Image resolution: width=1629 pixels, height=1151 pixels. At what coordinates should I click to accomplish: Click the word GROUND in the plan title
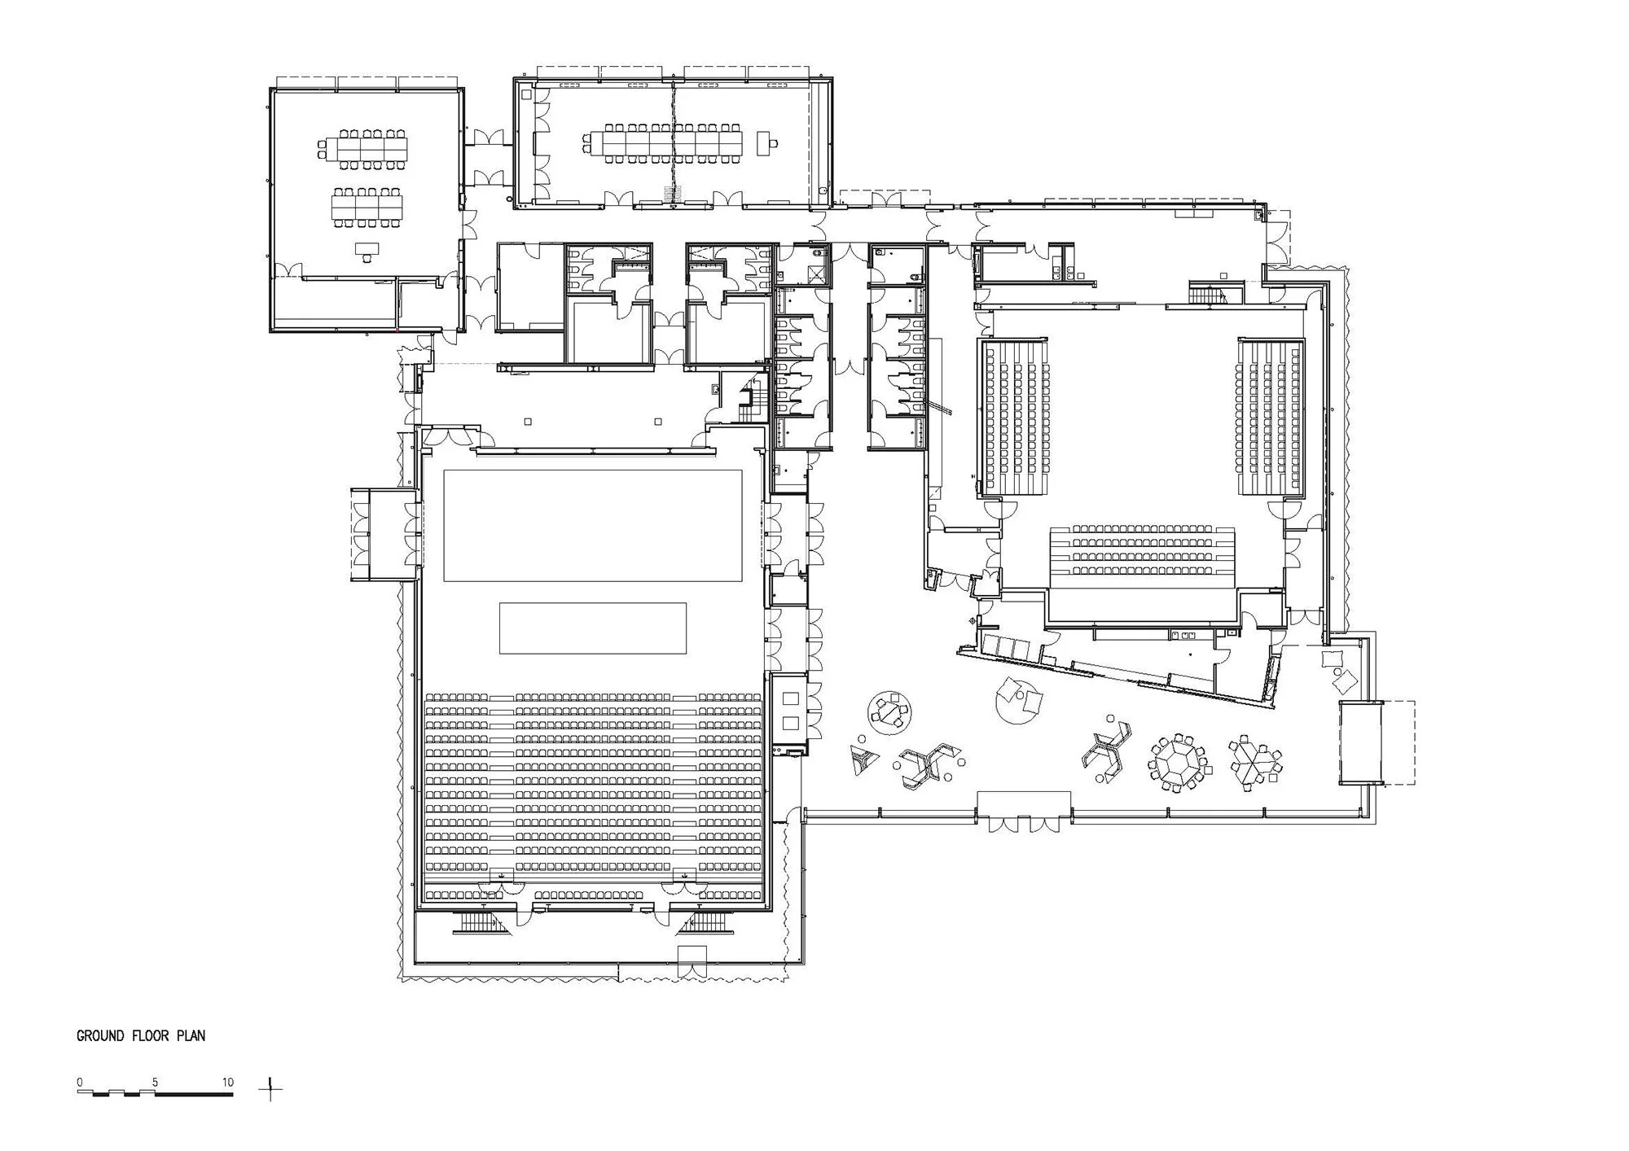tap(100, 1036)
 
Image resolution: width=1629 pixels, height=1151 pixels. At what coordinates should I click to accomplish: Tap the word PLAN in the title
tap(192, 1036)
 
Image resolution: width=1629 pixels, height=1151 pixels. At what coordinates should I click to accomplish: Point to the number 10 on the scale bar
tap(227, 1083)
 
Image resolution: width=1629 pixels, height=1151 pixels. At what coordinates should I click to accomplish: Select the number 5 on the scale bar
tap(155, 1083)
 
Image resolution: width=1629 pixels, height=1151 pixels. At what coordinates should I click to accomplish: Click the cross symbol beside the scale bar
tap(272, 1088)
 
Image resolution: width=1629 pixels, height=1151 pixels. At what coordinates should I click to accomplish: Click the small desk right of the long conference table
tap(766, 144)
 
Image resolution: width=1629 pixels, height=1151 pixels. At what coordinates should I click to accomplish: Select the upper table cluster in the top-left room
tap(362, 149)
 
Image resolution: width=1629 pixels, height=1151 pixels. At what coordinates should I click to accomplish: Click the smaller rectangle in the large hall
tap(592, 628)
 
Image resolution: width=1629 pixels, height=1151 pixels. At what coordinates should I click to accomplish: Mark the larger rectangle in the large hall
tap(592, 525)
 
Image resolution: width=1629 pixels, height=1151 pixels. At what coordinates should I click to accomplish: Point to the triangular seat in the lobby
tap(863, 758)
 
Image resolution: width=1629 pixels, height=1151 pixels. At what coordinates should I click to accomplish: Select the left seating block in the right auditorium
tap(1015, 417)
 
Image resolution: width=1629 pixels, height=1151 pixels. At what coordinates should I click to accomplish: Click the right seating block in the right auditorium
tap(1271, 417)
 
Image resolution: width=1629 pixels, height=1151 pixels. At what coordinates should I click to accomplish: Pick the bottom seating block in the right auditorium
tap(1143, 558)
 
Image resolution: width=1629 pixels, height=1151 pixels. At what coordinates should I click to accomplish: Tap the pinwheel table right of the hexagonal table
tap(1255, 762)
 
